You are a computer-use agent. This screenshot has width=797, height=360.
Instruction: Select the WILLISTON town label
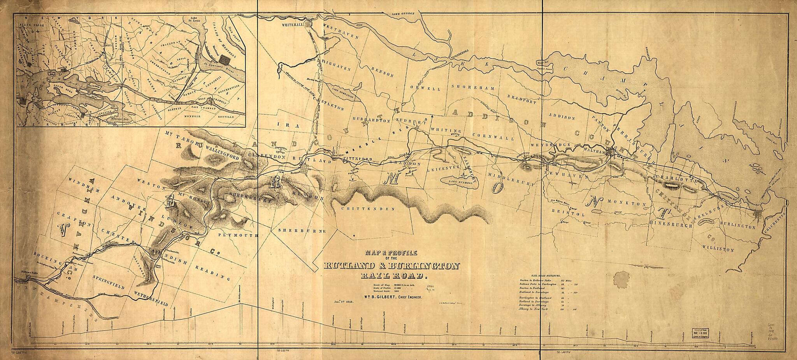[x=718, y=249]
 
